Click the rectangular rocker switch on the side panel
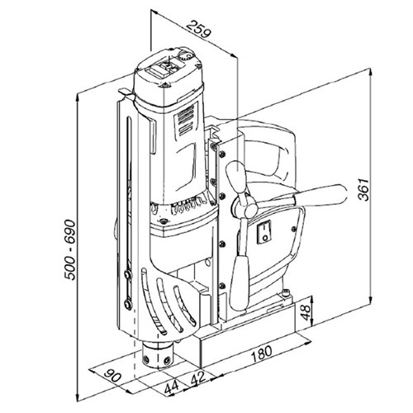pos(266,232)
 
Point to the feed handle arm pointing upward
pos(235,175)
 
